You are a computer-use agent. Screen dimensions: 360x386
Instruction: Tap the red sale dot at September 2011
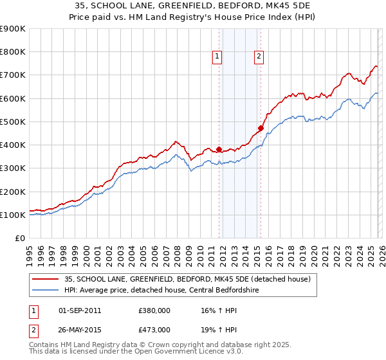pos(219,150)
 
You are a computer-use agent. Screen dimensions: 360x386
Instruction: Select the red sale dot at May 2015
pos(261,128)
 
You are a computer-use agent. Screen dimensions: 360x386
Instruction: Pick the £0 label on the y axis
pos(19,239)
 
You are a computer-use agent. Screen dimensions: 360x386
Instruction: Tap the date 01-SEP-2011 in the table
pos(80,310)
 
